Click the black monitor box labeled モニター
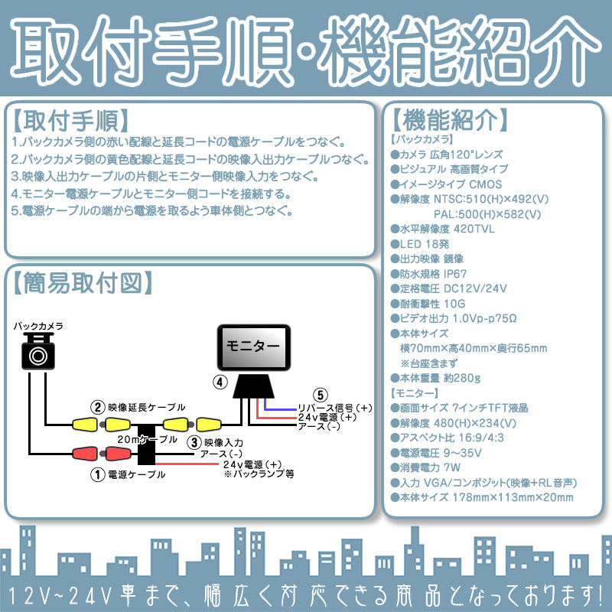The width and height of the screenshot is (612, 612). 255,347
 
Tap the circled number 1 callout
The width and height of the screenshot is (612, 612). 97,474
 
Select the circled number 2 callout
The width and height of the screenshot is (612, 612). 97,407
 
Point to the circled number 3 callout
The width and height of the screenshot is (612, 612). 194,441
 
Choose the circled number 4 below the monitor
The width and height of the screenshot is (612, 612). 220,382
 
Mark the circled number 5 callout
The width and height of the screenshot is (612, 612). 321,396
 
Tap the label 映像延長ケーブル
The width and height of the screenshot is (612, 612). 146,407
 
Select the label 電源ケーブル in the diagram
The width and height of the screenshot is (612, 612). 138,474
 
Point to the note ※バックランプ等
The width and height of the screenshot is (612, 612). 259,474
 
